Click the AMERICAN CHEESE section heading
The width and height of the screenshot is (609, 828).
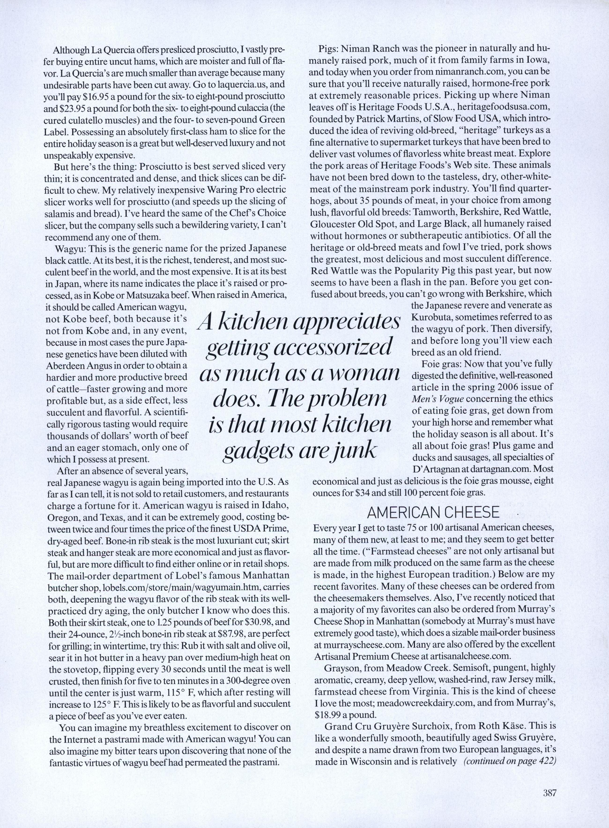click(433, 512)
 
